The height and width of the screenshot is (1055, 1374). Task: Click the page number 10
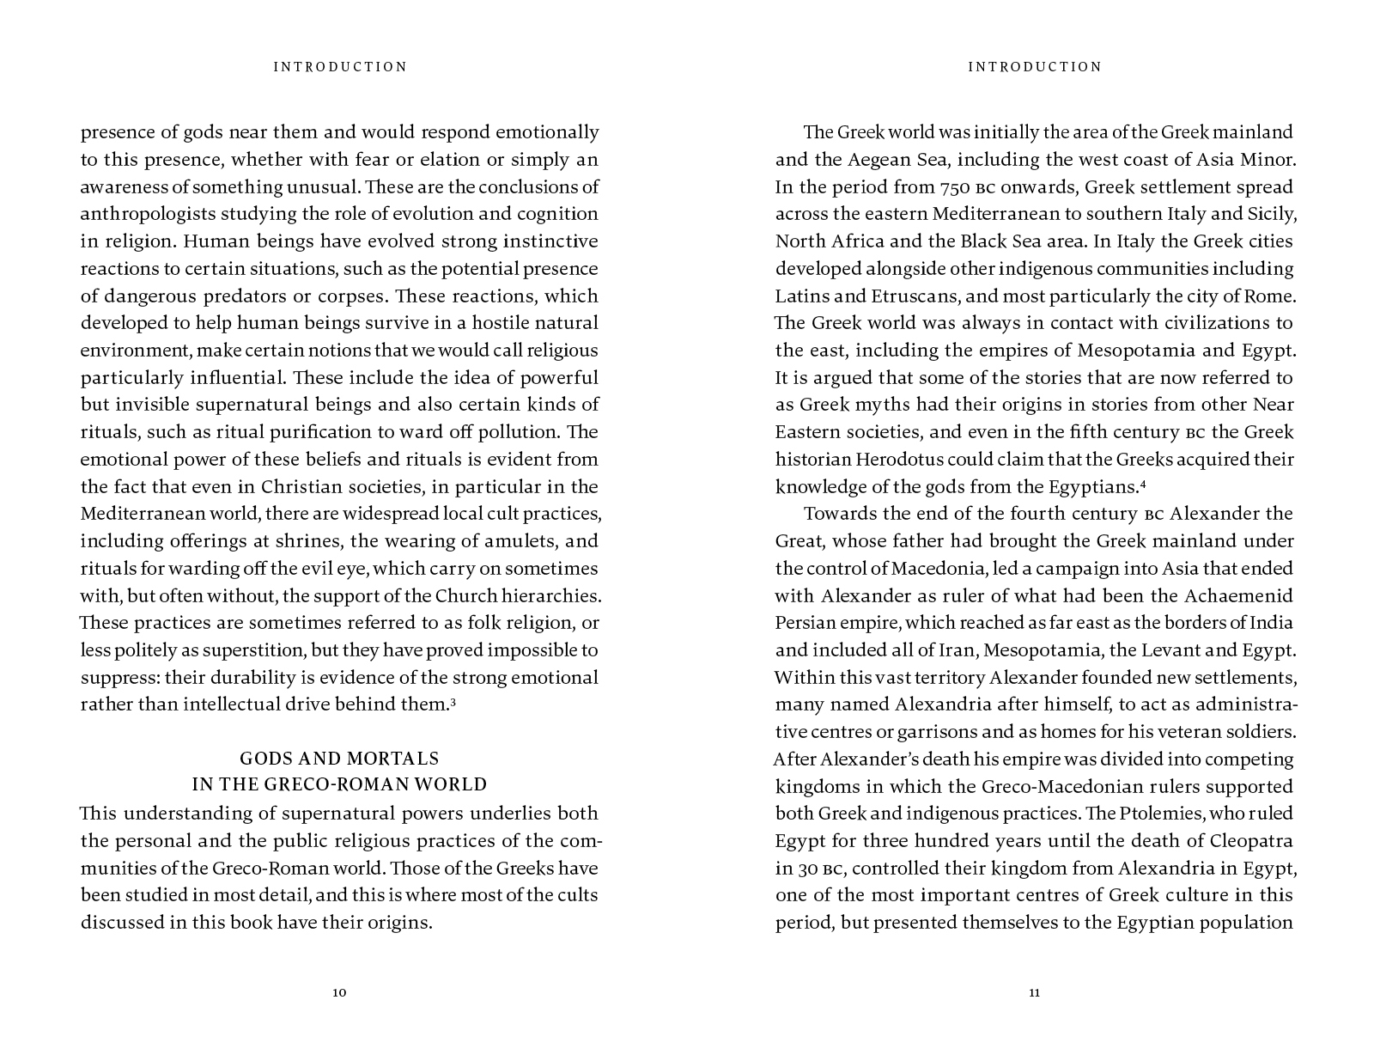pos(339,993)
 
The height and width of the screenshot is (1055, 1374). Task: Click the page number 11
pos(1034,993)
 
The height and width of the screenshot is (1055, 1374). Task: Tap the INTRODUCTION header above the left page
pos(340,67)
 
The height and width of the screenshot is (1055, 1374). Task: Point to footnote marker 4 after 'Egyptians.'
pos(1143,484)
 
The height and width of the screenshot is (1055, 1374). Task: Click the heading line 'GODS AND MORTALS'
pos(339,759)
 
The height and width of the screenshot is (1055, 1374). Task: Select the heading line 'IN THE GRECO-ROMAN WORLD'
pos(339,784)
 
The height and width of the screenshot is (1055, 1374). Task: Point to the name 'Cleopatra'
pos(1252,841)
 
